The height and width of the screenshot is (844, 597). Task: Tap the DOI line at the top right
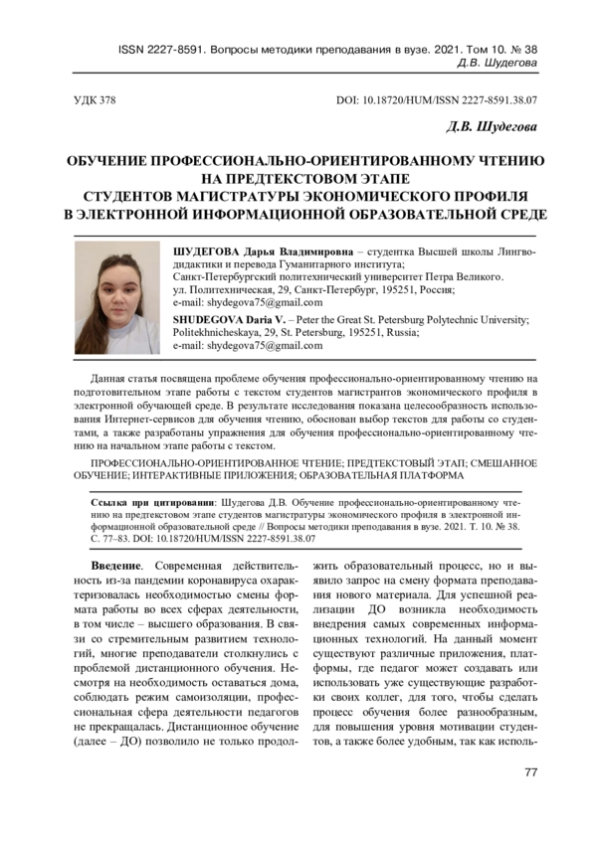(x=438, y=100)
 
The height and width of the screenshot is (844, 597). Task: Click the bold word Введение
(x=108, y=566)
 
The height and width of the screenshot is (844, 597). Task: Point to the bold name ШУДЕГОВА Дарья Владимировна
(x=260, y=251)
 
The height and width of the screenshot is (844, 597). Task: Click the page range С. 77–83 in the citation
(x=117, y=538)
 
